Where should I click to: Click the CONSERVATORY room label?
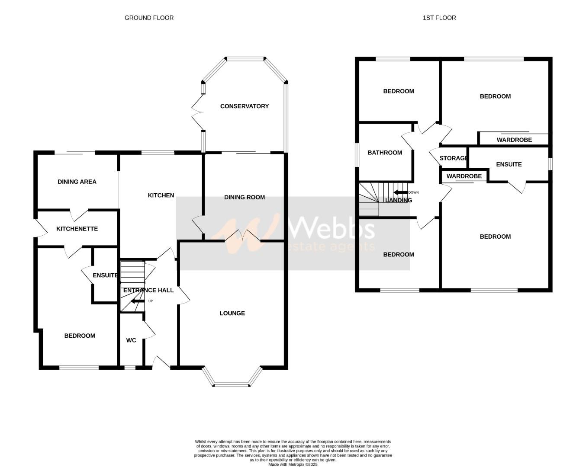(x=244, y=106)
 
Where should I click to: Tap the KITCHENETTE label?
(x=77, y=229)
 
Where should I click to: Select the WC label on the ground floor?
(x=131, y=340)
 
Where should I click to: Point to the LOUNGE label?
(x=232, y=313)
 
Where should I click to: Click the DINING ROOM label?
(x=244, y=197)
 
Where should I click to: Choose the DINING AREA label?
(x=77, y=182)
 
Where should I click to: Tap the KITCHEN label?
(x=161, y=195)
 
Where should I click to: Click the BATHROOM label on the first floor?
(x=385, y=153)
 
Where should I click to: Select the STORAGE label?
(x=453, y=158)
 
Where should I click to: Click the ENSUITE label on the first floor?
(x=509, y=164)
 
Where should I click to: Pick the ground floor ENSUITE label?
(x=105, y=275)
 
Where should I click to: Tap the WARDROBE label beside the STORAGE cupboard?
(x=464, y=176)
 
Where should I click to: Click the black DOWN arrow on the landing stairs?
(x=400, y=192)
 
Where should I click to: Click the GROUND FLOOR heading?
(x=149, y=18)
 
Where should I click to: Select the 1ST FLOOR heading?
(x=439, y=18)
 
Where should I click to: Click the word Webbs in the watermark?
(x=331, y=227)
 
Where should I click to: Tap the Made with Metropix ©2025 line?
(x=293, y=465)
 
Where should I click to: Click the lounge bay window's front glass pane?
(x=231, y=384)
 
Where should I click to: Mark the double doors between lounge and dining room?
(x=242, y=236)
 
